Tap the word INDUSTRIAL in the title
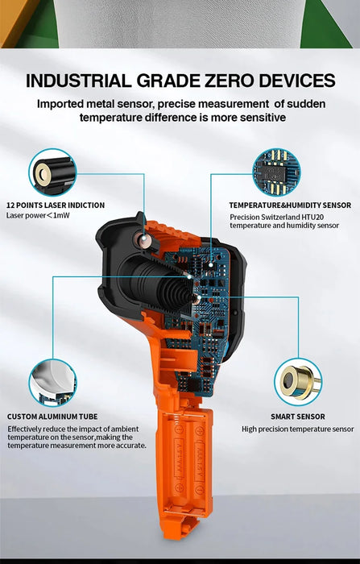pyautogui.click(x=78, y=81)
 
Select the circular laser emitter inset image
pyautogui.click(x=52, y=172)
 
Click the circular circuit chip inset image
pyautogui.click(x=276, y=172)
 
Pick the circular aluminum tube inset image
pyautogui.click(x=52, y=383)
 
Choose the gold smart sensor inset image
pyautogui.click(x=298, y=382)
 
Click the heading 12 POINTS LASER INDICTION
pyautogui.click(x=56, y=205)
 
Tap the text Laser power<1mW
pyautogui.click(x=38, y=215)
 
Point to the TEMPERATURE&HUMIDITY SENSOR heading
pyautogui.click(x=290, y=205)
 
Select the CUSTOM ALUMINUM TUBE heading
pyautogui.click(x=52, y=417)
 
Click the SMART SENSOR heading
pyautogui.click(x=298, y=417)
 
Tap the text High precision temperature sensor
pyautogui.click(x=298, y=429)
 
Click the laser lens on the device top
pyautogui.click(x=143, y=238)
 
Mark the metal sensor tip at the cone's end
pyautogui.click(x=197, y=298)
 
